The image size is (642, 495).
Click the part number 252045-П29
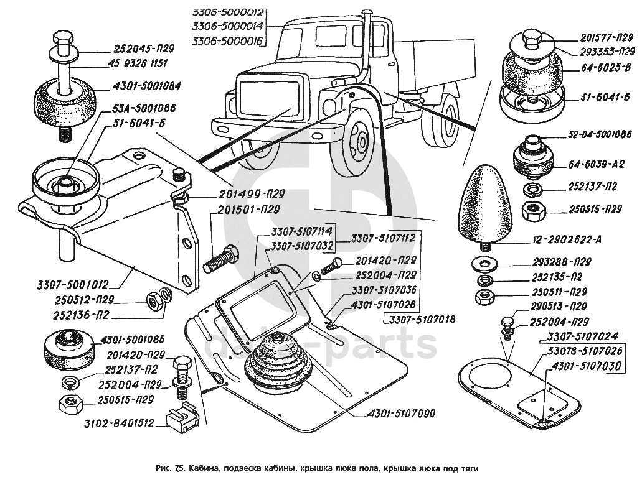(143, 49)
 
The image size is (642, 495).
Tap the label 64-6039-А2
(597, 165)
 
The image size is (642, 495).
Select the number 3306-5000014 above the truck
(228, 26)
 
